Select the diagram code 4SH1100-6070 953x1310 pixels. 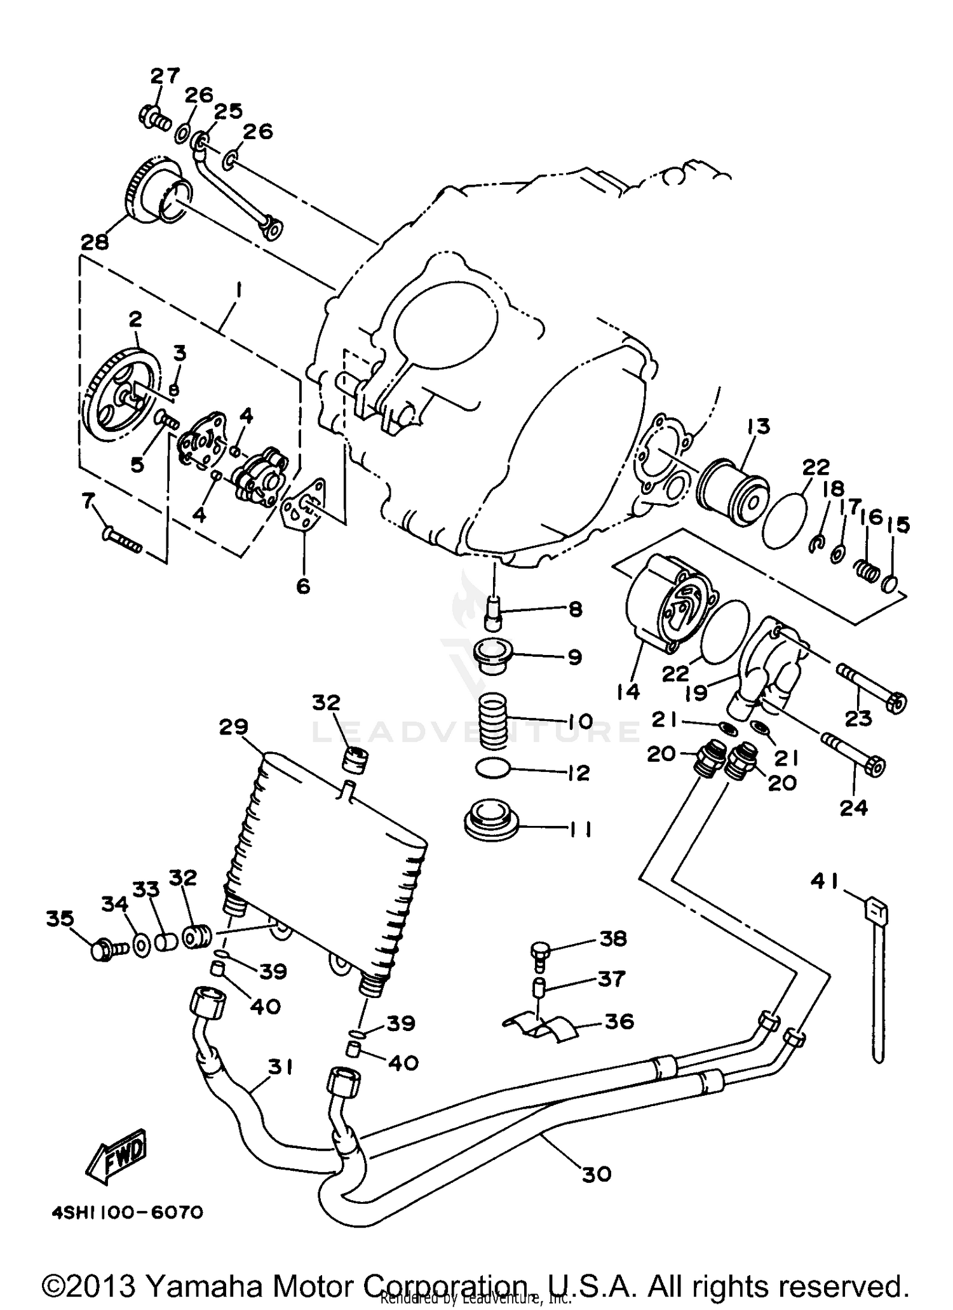coord(127,1213)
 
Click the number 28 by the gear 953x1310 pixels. coord(95,242)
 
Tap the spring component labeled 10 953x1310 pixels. coord(492,722)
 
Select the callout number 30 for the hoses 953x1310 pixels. coord(596,1173)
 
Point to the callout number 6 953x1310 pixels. coord(303,586)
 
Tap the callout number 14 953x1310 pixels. coord(628,691)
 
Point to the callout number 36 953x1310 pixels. coord(619,1021)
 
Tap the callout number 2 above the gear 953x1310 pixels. coord(135,320)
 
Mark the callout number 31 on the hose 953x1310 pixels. coord(280,1067)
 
